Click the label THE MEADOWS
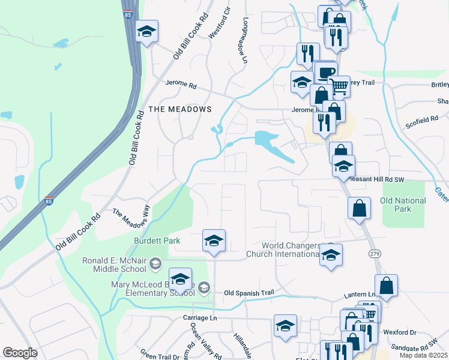pyautogui.click(x=180, y=109)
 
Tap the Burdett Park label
pyautogui.click(x=157, y=241)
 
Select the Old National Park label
pyautogui.click(x=403, y=205)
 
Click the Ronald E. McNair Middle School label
pyautogui.click(x=117, y=265)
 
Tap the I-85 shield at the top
pyautogui.click(x=130, y=14)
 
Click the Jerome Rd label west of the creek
pyautogui.click(x=181, y=86)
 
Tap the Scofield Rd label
pyautogui.click(x=421, y=121)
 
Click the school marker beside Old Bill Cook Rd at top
pyautogui.click(x=146, y=32)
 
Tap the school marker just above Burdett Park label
pyautogui.click(x=214, y=241)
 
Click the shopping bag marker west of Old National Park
pyautogui.click(x=359, y=208)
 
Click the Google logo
pyautogui.click(x=20, y=353)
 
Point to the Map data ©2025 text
pyautogui.click(x=423, y=355)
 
